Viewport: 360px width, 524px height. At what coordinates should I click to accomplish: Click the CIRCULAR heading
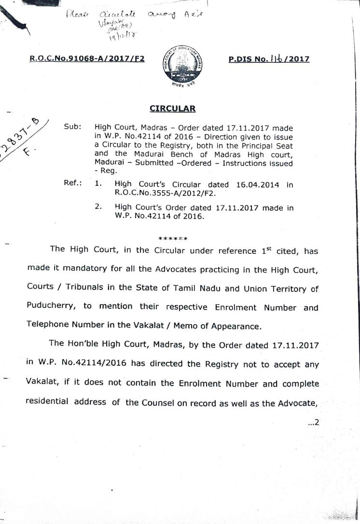(172, 108)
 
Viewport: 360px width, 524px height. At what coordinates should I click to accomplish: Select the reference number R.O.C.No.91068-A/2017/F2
(87, 59)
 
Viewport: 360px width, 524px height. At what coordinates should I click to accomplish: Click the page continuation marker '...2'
(313, 423)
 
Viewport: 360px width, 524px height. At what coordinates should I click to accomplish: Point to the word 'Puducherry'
(48, 307)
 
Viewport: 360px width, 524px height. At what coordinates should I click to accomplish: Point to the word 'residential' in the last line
(47, 402)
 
